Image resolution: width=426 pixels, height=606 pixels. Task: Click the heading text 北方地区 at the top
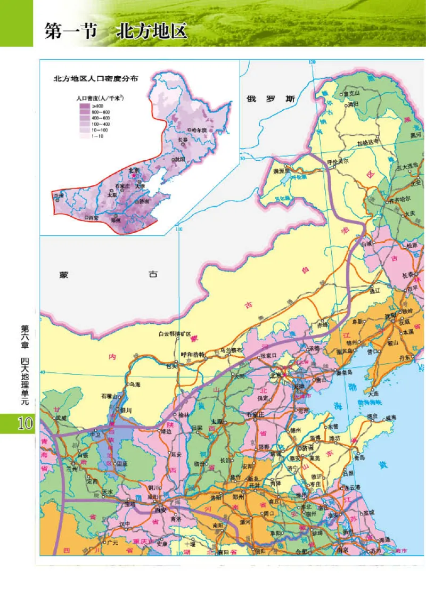(152, 31)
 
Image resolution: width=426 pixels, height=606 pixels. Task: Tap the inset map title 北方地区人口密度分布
(96, 78)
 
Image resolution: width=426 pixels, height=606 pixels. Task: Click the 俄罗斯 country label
(270, 99)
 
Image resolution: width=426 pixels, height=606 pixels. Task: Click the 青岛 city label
(360, 457)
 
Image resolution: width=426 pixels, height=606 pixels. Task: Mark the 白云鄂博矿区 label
(174, 333)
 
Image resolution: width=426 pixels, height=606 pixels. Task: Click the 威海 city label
(391, 417)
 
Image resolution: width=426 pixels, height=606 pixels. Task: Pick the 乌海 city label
(134, 384)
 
